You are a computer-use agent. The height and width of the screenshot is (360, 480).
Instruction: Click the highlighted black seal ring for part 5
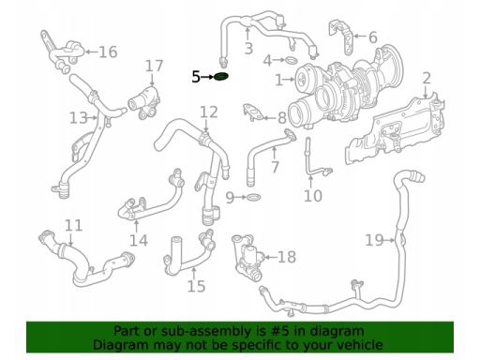(x=221, y=77)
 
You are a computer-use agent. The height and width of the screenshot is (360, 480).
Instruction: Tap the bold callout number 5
(x=196, y=77)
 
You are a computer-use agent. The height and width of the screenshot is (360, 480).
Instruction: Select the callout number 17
(x=155, y=66)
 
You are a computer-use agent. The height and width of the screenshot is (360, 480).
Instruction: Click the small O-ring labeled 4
(x=292, y=60)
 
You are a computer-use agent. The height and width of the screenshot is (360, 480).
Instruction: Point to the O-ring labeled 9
(x=253, y=197)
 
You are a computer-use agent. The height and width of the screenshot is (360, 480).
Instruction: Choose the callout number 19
(x=374, y=240)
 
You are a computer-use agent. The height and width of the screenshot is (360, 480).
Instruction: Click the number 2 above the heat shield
(x=427, y=78)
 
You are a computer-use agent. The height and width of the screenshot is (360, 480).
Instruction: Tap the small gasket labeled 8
(x=252, y=112)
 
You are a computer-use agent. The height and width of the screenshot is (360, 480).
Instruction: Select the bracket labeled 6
(x=340, y=37)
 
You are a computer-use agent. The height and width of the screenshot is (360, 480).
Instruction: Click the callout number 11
(x=74, y=225)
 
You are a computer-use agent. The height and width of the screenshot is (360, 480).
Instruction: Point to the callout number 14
(x=139, y=240)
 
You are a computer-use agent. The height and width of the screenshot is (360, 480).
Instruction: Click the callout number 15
(x=196, y=286)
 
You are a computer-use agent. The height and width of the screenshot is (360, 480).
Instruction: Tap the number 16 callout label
(x=108, y=52)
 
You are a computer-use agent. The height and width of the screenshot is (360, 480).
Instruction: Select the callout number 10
(x=313, y=196)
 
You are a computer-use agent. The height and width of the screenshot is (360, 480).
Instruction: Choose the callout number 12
(x=209, y=112)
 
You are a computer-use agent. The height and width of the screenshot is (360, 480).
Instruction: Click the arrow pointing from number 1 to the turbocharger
(x=290, y=80)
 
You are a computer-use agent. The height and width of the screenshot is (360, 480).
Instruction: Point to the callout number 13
(x=79, y=118)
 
